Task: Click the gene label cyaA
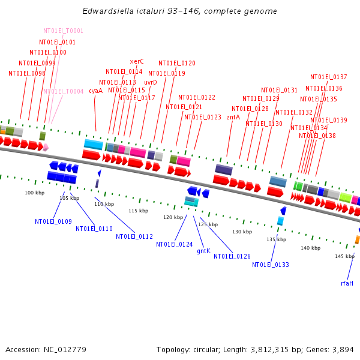[95, 91]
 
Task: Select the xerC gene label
[137, 61]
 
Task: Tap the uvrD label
[151, 83]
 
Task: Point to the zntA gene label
[233, 118]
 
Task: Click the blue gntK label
[204, 251]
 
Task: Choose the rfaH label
[347, 283]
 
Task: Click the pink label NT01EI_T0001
[63, 31]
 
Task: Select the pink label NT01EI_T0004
[63, 92]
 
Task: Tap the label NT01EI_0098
[27, 74]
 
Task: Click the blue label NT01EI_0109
[53, 222]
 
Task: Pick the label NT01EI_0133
[271, 265]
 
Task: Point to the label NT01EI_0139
[329, 121]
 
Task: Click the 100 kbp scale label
[34, 193]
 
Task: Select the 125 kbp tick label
[208, 224]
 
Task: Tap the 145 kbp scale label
[344, 256]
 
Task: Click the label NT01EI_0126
[232, 256]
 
